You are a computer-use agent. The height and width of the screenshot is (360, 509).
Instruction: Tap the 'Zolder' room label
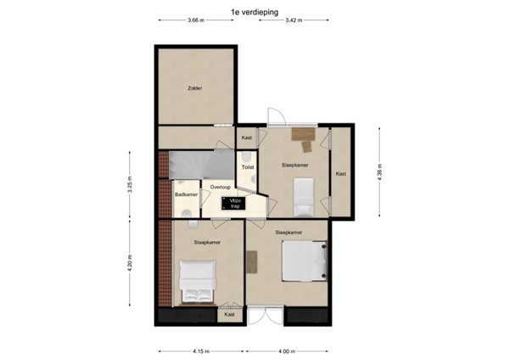click(x=194, y=87)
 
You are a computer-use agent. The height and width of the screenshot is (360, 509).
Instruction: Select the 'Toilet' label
click(x=248, y=167)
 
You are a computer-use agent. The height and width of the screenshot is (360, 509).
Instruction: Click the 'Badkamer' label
click(x=186, y=194)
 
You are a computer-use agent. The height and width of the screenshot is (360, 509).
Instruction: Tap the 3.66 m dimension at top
click(x=195, y=20)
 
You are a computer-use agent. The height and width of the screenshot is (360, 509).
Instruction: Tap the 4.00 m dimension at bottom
click(x=287, y=351)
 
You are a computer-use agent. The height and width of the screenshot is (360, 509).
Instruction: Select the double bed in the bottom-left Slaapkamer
click(x=197, y=282)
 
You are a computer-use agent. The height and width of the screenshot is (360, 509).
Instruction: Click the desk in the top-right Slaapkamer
click(x=302, y=133)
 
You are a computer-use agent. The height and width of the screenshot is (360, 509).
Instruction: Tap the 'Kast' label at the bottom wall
click(x=229, y=315)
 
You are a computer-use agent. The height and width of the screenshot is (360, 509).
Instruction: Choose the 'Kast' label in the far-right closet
click(x=341, y=173)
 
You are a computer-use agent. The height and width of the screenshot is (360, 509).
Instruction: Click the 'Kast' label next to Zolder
click(x=247, y=138)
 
